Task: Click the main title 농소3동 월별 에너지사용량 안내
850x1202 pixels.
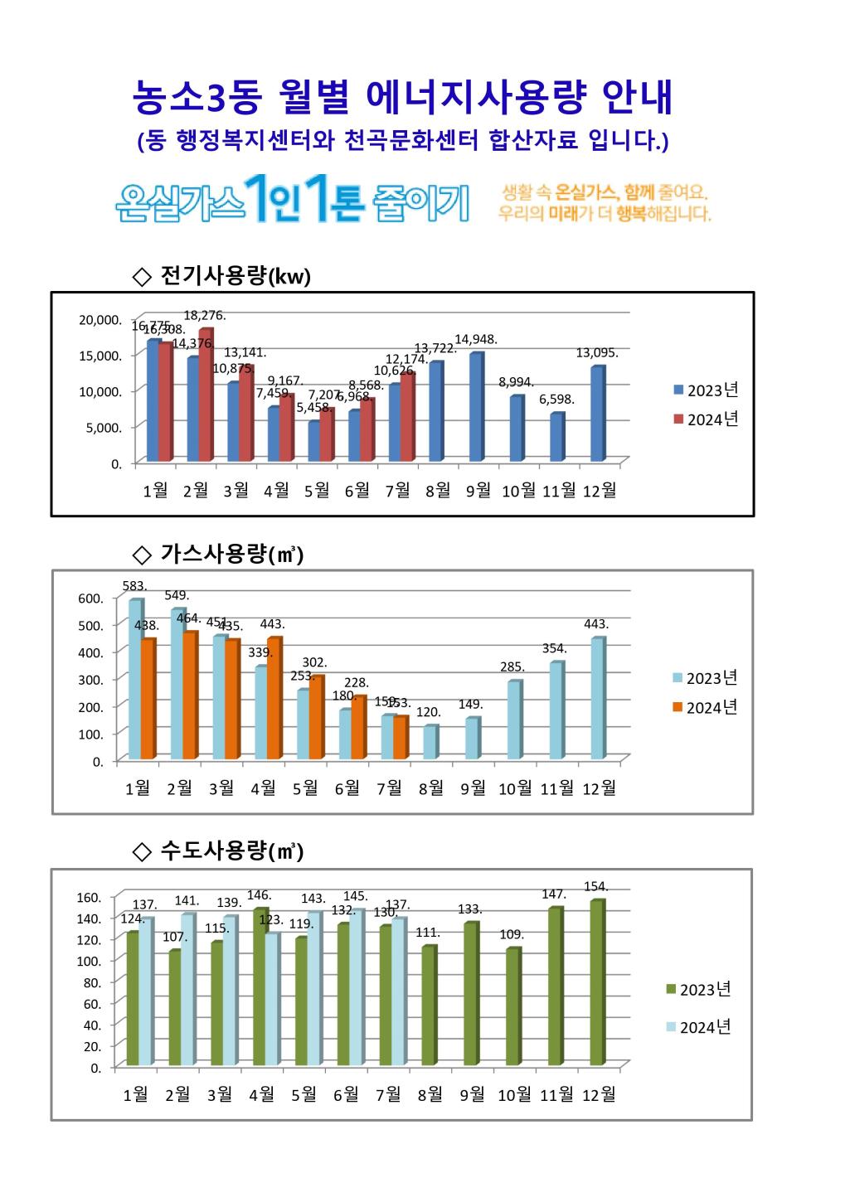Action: tap(403, 99)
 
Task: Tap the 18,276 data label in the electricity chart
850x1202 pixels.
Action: tap(204, 316)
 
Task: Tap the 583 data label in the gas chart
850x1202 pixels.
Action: tap(134, 586)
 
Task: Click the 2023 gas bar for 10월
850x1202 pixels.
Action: tap(513, 720)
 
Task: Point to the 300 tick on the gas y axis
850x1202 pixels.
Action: tap(91, 680)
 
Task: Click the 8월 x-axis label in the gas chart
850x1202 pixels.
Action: tap(431, 788)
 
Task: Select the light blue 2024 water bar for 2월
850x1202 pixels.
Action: tap(187, 989)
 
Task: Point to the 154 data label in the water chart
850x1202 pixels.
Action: tap(596, 887)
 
